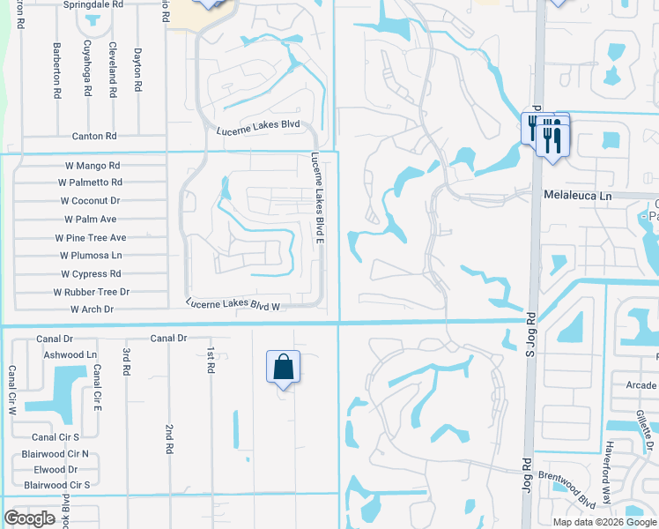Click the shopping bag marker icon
click(283, 366)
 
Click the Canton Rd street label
click(94, 137)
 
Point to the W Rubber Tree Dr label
click(92, 292)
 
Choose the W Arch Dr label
click(93, 309)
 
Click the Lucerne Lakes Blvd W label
click(233, 305)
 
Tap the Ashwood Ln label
click(70, 354)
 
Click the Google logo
click(29, 518)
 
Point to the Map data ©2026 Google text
click(604, 522)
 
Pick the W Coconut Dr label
click(90, 201)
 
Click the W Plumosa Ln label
click(92, 256)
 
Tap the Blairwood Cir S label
click(57, 485)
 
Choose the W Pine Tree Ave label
click(91, 238)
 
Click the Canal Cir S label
click(56, 436)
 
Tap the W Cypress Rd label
click(92, 274)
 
